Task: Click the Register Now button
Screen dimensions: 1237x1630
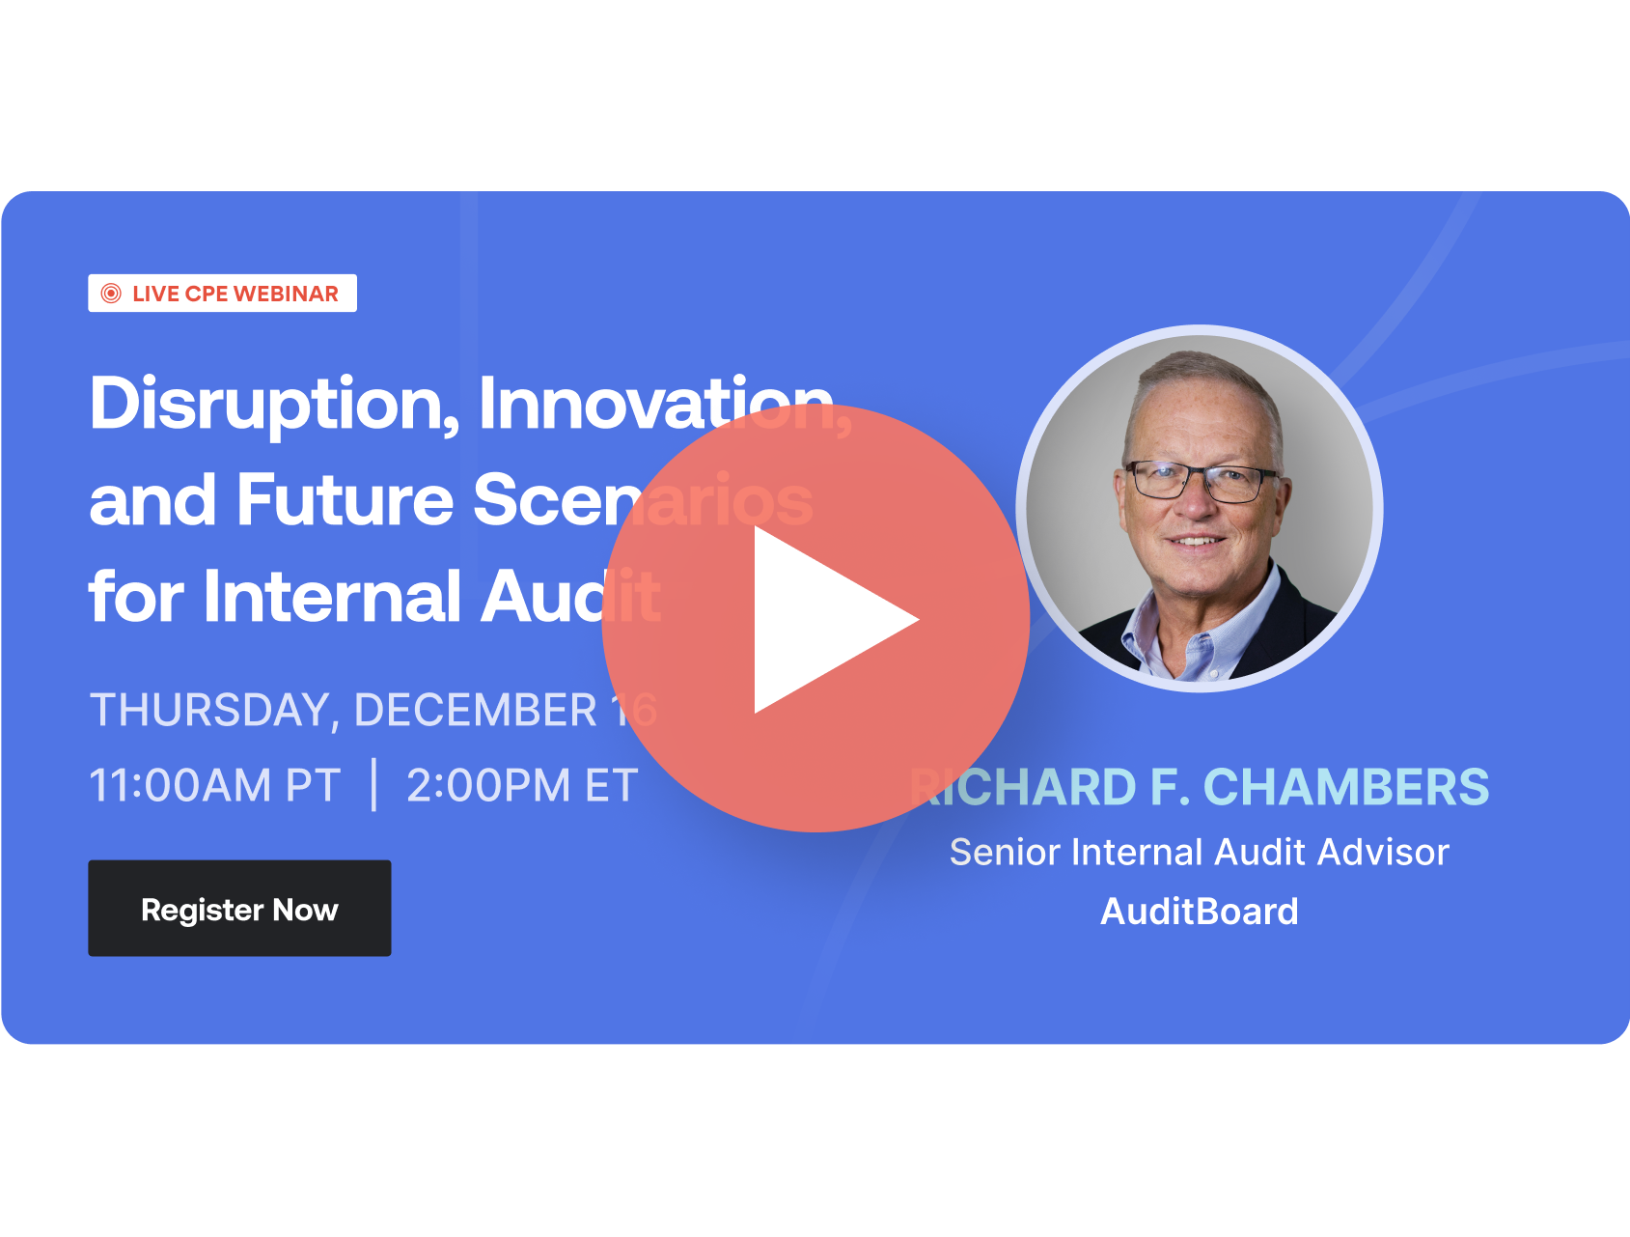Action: [x=239, y=909]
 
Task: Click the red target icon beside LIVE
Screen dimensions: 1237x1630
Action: [x=111, y=294]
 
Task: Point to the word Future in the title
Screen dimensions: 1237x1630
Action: [x=345, y=500]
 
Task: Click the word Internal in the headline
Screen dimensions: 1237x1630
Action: [x=332, y=596]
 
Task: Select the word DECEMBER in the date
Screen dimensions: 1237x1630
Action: [x=475, y=711]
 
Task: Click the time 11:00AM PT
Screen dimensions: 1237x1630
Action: [x=214, y=785]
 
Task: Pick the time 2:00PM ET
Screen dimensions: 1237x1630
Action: [x=522, y=785]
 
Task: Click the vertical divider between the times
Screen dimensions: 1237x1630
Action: [x=374, y=785]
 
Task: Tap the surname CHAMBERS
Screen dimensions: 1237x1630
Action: [x=1346, y=787]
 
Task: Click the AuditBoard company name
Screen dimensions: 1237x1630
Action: [x=1200, y=912]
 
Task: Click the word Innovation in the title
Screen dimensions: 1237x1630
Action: [x=656, y=404]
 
